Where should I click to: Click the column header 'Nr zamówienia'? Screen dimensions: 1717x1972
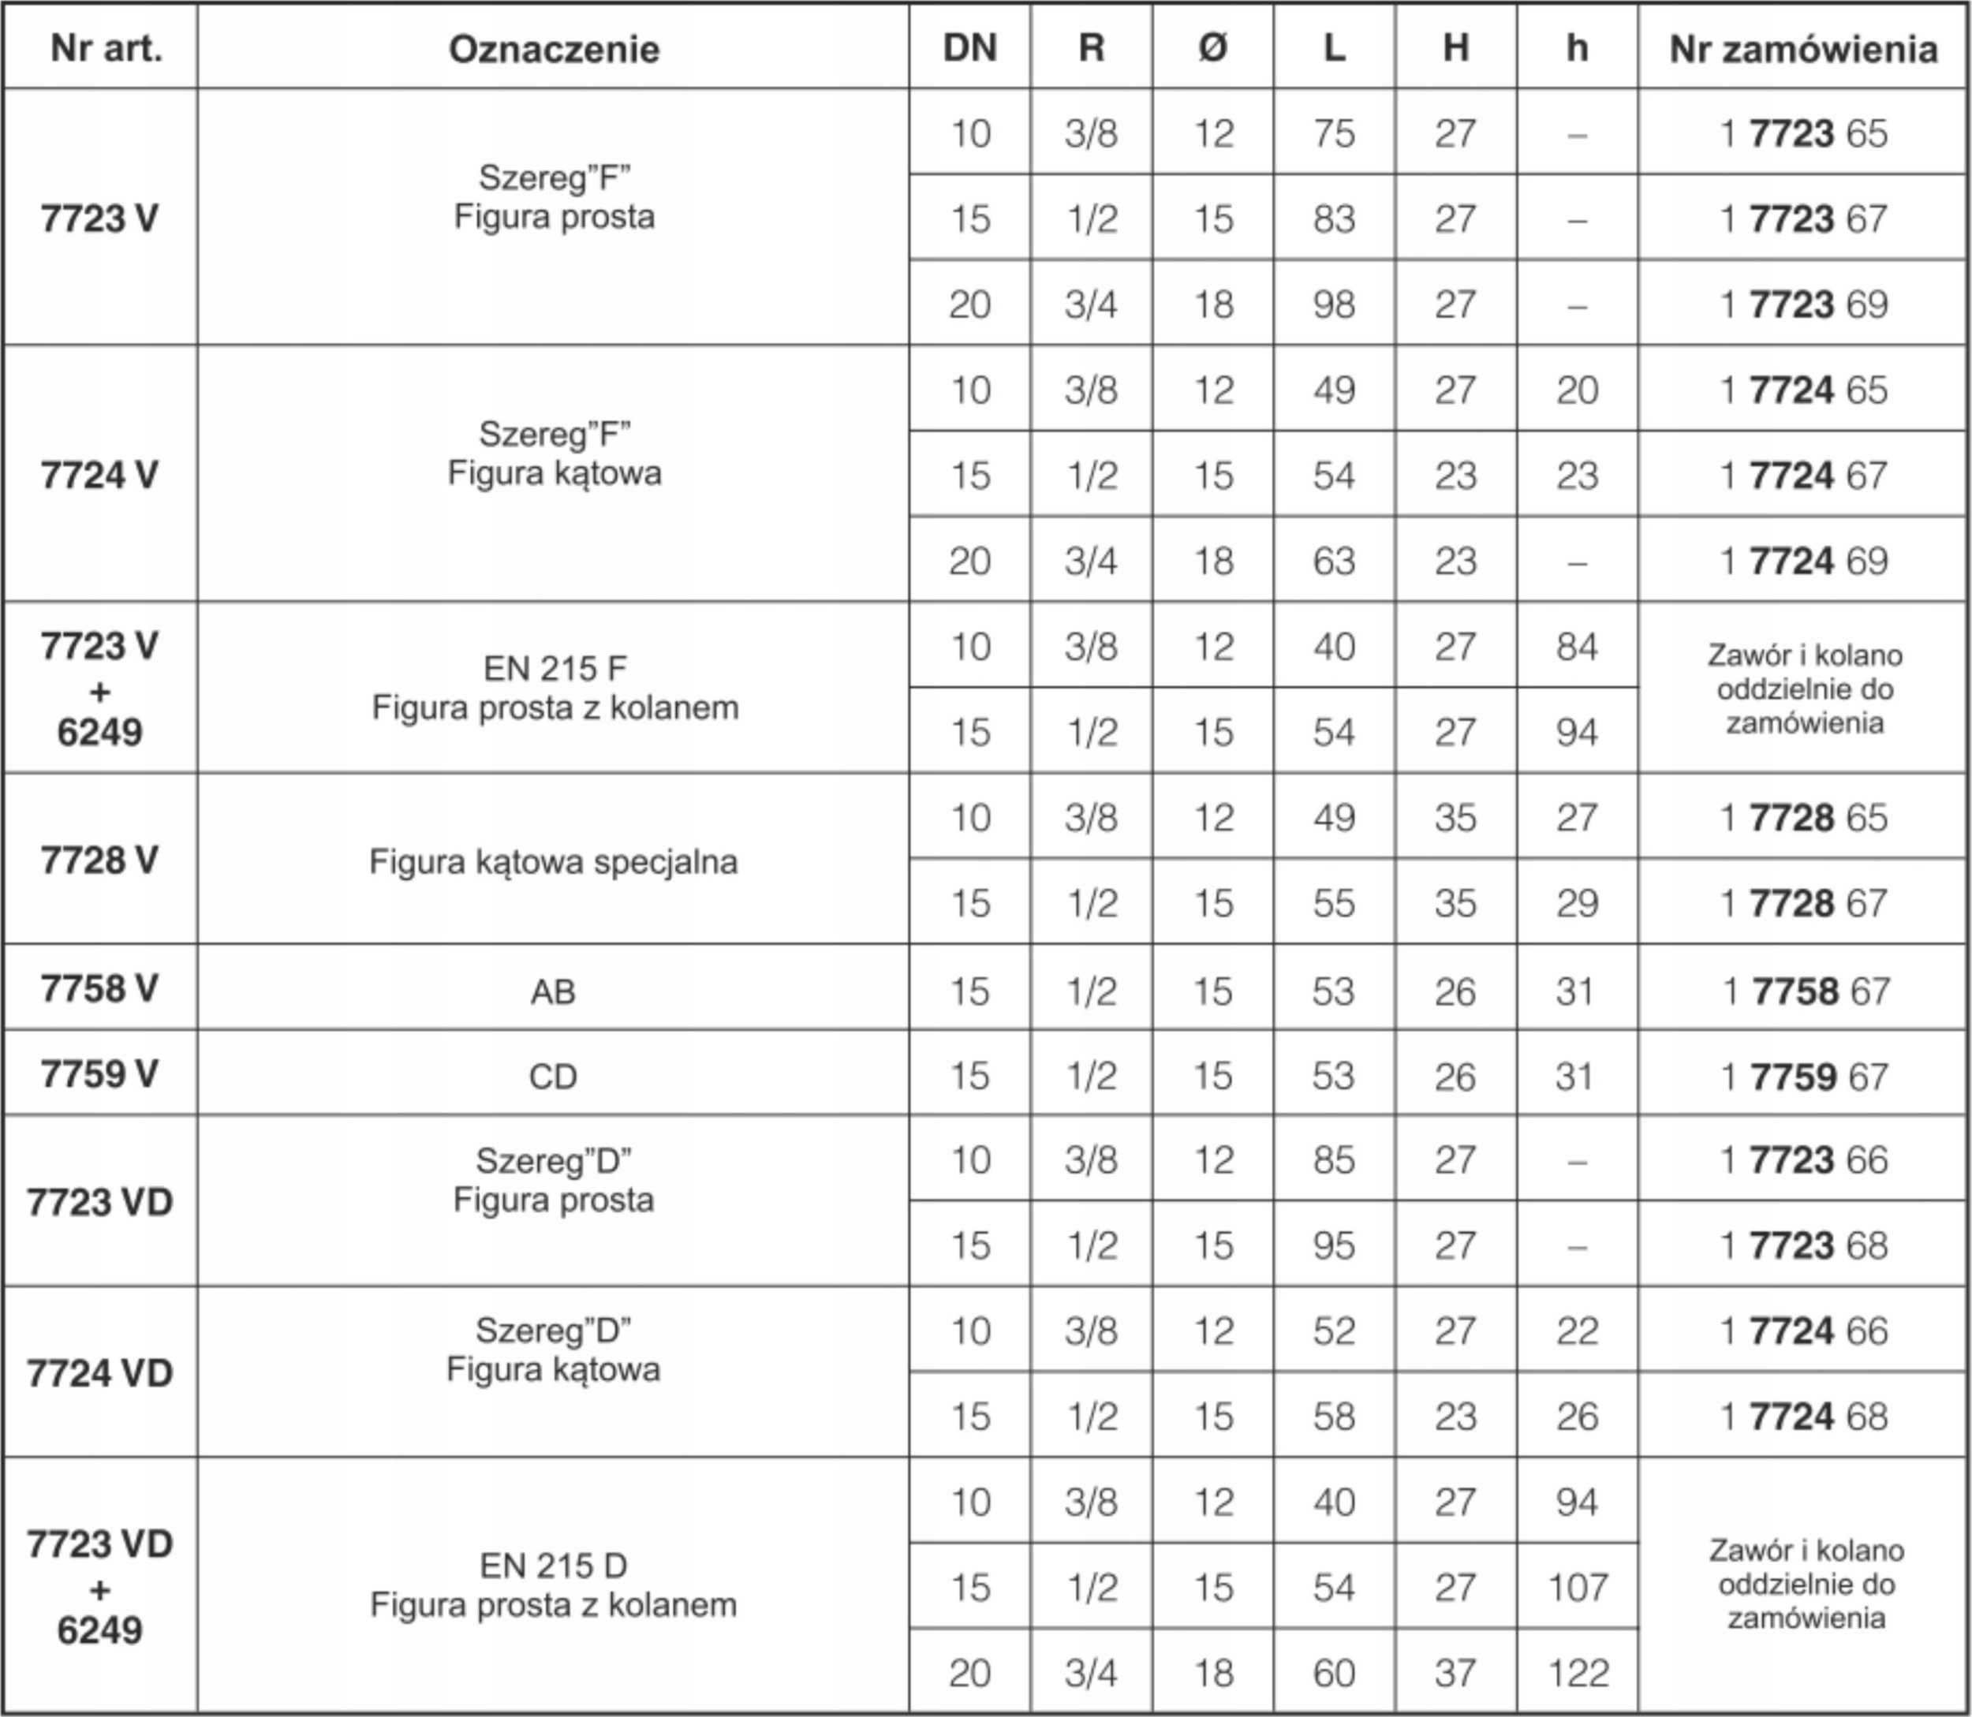[1802, 49]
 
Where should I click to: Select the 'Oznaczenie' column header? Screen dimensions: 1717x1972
[554, 49]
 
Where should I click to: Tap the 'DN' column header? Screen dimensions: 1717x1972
[969, 48]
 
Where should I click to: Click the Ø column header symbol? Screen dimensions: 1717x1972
[1212, 48]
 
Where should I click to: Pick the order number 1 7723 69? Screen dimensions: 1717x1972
[1802, 304]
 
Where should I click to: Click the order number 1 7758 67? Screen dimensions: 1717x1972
[1806, 991]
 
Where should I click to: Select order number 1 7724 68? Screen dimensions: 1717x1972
[1802, 1417]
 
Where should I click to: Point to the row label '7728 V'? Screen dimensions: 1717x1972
[99, 860]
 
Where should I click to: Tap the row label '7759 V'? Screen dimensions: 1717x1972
[99, 1074]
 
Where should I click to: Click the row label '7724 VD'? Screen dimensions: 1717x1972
[99, 1373]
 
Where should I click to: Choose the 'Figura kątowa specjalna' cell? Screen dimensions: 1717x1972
[554, 861]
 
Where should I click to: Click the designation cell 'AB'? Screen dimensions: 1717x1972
[553, 991]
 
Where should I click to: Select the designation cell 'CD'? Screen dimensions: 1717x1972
[553, 1077]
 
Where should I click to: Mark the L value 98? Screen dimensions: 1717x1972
[1334, 304]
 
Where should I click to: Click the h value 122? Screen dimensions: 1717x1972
[1578, 1673]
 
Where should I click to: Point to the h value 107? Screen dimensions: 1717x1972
[1578, 1588]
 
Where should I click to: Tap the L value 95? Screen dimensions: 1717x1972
[1334, 1245]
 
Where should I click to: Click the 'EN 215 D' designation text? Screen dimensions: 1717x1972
[554, 1566]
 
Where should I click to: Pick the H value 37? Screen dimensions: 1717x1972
[1455, 1673]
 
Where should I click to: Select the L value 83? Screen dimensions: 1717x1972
[1334, 218]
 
